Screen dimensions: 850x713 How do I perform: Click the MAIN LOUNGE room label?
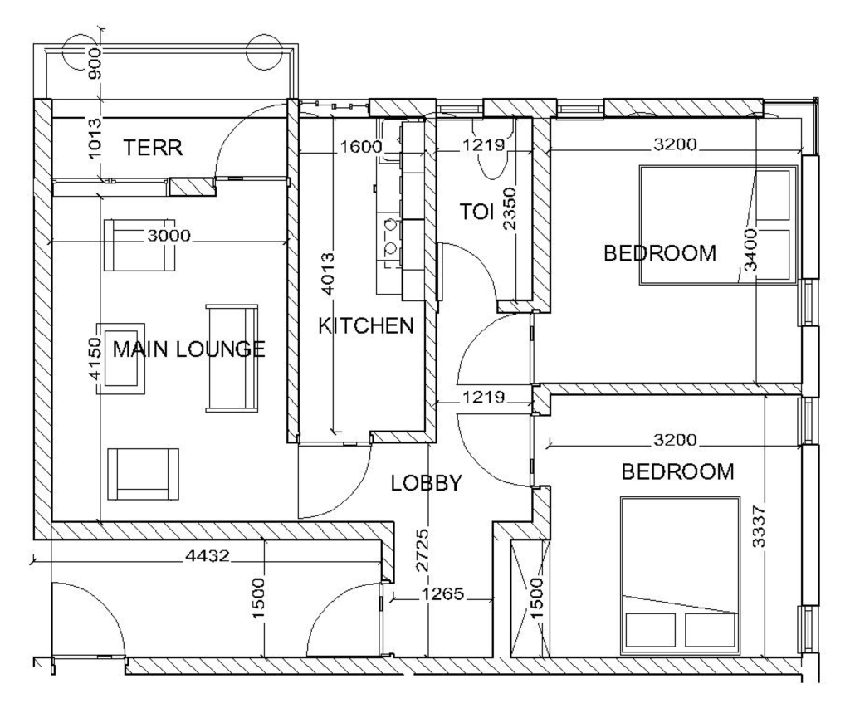tap(188, 349)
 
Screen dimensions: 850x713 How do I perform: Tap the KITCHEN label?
tap(366, 325)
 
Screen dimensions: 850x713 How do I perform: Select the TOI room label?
tap(477, 212)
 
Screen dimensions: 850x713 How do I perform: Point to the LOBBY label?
tap(426, 482)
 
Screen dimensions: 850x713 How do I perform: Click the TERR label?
tap(153, 148)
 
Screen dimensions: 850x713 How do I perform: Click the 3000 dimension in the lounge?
tap(169, 236)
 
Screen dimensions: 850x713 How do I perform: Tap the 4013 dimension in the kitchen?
tap(328, 275)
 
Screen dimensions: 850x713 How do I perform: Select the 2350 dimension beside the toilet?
tap(510, 208)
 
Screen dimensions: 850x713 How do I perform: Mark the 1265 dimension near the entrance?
tap(443, 594)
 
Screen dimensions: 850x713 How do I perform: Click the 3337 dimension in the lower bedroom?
tap(759, 526)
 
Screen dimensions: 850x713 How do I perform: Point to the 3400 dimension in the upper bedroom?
tap(750, 250)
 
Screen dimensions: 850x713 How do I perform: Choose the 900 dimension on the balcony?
tap(95, 63)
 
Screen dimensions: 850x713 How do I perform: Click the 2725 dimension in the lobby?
tap(423, 550)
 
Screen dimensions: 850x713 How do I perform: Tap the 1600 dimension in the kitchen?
tap(360, 146)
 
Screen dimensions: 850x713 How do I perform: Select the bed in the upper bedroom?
tap(718, 224)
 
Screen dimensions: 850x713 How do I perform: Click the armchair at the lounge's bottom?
tap(143, 475)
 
